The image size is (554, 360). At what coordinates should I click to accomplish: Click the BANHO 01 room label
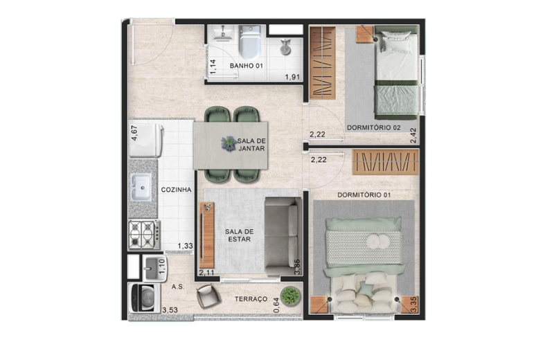coord(247,66)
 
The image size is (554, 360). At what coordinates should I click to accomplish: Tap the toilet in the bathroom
coord(250,42)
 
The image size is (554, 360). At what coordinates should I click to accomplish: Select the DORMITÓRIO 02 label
coord(374,127)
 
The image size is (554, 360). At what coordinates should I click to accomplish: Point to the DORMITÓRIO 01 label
coord(364,195)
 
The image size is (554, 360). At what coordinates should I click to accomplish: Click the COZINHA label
coord(177,190)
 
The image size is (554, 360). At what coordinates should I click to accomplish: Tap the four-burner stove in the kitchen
coord(144,234)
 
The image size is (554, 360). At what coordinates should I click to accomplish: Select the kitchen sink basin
coord(141,187)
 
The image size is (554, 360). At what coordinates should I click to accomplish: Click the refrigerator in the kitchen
coord(146,141)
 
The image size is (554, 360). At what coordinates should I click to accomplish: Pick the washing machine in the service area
coord(144,298)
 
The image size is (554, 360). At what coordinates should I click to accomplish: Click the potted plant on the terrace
coord(291,296)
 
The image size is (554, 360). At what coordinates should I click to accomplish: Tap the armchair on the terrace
coord(208,296)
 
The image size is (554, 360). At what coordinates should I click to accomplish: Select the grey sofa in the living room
coord(283,236)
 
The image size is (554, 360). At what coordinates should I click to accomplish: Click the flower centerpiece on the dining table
coord(229,144)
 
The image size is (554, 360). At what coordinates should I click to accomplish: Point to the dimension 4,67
coord(134,133)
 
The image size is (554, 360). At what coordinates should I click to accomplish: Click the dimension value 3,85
coord(298,267)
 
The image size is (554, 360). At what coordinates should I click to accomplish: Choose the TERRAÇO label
coord(251,299)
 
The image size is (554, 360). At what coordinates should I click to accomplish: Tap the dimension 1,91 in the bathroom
coord(292,77)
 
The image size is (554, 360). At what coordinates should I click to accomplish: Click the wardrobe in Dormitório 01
coord(386,162)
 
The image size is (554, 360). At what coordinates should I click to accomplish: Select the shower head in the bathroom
coord(285,46)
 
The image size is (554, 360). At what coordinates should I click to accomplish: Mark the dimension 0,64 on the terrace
coord(276,305)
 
